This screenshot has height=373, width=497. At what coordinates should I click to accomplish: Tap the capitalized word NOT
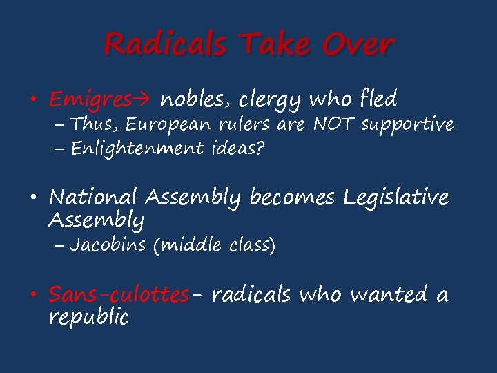tap(334, 124)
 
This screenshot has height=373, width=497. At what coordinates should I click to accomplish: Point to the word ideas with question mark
tap(236, 148)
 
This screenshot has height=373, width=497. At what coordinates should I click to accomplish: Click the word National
tap(93, 198)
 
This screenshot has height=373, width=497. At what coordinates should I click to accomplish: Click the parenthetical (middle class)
tap(215, 245)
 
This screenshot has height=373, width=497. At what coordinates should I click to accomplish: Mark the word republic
tap(88, 318)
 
